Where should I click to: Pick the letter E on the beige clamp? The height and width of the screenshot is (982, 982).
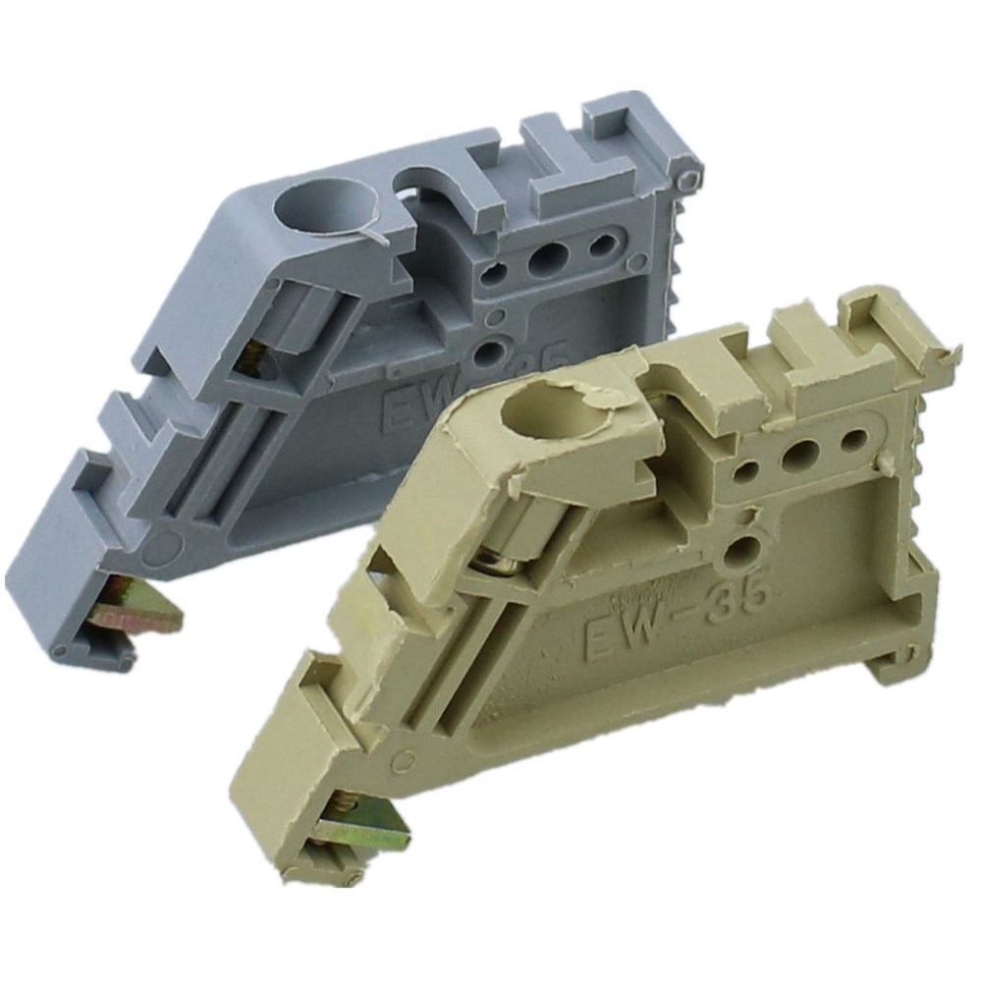pyautogui.click(x=598, y=643)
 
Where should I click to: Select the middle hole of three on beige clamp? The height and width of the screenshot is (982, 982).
pyautogui.click(x=803, y=453)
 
